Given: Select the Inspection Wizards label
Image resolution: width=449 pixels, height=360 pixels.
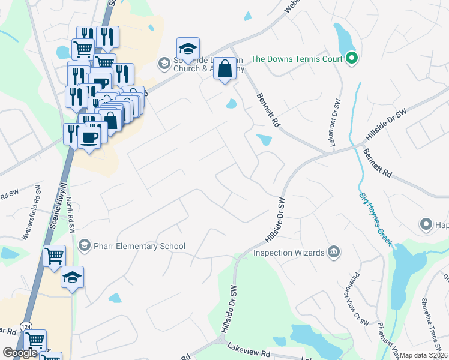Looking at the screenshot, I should pos(289,253).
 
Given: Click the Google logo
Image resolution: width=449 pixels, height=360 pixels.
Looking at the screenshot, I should pos(20,353).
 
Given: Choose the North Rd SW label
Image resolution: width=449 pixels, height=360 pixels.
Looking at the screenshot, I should pos(70,215).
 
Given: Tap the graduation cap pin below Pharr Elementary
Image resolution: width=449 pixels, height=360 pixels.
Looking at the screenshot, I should pos(72,277).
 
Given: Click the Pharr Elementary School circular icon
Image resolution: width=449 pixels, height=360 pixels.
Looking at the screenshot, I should pos(85,246).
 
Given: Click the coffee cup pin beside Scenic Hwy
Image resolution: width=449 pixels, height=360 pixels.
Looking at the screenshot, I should pos(90,139).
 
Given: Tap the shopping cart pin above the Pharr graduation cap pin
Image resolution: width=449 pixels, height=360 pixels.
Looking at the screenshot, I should pos(55,256).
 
